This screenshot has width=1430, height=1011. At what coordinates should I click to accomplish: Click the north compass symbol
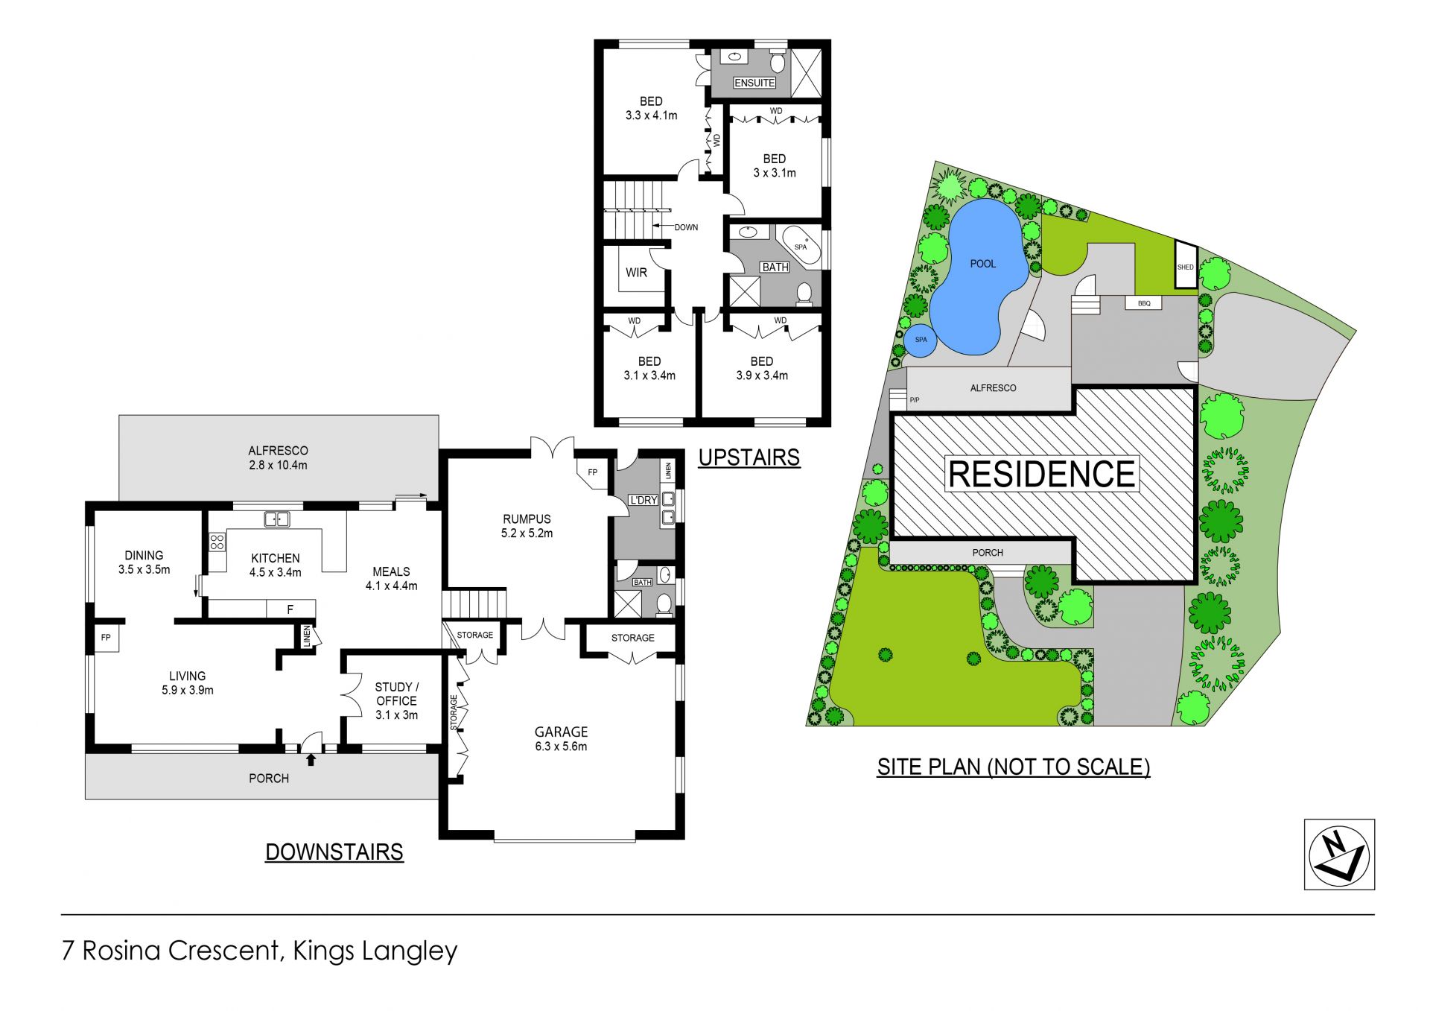click(x=1339, y=855)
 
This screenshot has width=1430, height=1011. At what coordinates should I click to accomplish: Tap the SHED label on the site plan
click(x=1185, y=267)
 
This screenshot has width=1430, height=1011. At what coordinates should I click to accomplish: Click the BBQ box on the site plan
click(x=1144, y=303)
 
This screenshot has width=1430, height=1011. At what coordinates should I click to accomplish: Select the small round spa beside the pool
click(x=921, y=340)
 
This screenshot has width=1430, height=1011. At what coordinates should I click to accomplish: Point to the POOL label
click(x=983, y=264)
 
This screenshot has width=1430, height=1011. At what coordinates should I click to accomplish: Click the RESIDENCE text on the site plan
click(x=1042, y=474)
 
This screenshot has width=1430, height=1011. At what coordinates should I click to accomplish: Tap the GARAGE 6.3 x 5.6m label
click(x=561, y=739)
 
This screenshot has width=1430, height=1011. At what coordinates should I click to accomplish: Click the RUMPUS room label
click(x=527, y=526)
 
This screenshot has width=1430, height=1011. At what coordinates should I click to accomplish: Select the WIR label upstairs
click(x=636, y=273)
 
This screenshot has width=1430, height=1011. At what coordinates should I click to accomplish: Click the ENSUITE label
click(x=754, y=83)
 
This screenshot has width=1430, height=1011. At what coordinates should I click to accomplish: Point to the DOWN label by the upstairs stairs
click(x=686, y=227)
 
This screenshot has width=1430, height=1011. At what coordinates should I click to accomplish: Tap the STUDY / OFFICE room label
click(x=396, y=700)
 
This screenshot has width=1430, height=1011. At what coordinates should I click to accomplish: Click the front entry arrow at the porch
click(x=311, y=759)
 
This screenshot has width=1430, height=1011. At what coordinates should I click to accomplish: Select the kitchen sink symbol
click(x=277, y=519)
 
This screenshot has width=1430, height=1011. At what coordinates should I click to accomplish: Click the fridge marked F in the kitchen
click(x=290, y=609)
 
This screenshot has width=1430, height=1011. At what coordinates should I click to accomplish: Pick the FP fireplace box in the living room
click(x=106, y=638)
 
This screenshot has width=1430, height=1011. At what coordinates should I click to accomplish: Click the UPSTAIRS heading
click(x=749, y=457)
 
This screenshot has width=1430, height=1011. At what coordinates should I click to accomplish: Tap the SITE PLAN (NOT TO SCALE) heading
click(x=1014, y=767)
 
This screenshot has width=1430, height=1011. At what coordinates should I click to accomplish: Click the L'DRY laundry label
click(x=643, y=500)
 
